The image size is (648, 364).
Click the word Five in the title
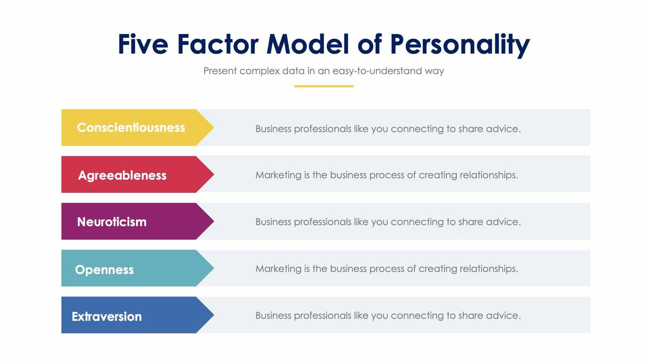click(x=143, y=44)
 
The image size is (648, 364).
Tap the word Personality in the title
click(x=460, y=44)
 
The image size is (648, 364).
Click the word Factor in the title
click(x=217, y=44)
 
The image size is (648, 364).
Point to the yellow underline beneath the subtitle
click(x=324, y=86)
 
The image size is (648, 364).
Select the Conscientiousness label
click(x=131, y=128)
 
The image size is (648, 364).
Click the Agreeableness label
click(x=122, y=175)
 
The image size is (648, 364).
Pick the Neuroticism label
click(x=112, y=222)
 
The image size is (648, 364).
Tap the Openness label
click(x=104, y=270)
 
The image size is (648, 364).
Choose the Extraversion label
click(x=107, y=317)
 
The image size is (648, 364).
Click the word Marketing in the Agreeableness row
click(x=278, y=175)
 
